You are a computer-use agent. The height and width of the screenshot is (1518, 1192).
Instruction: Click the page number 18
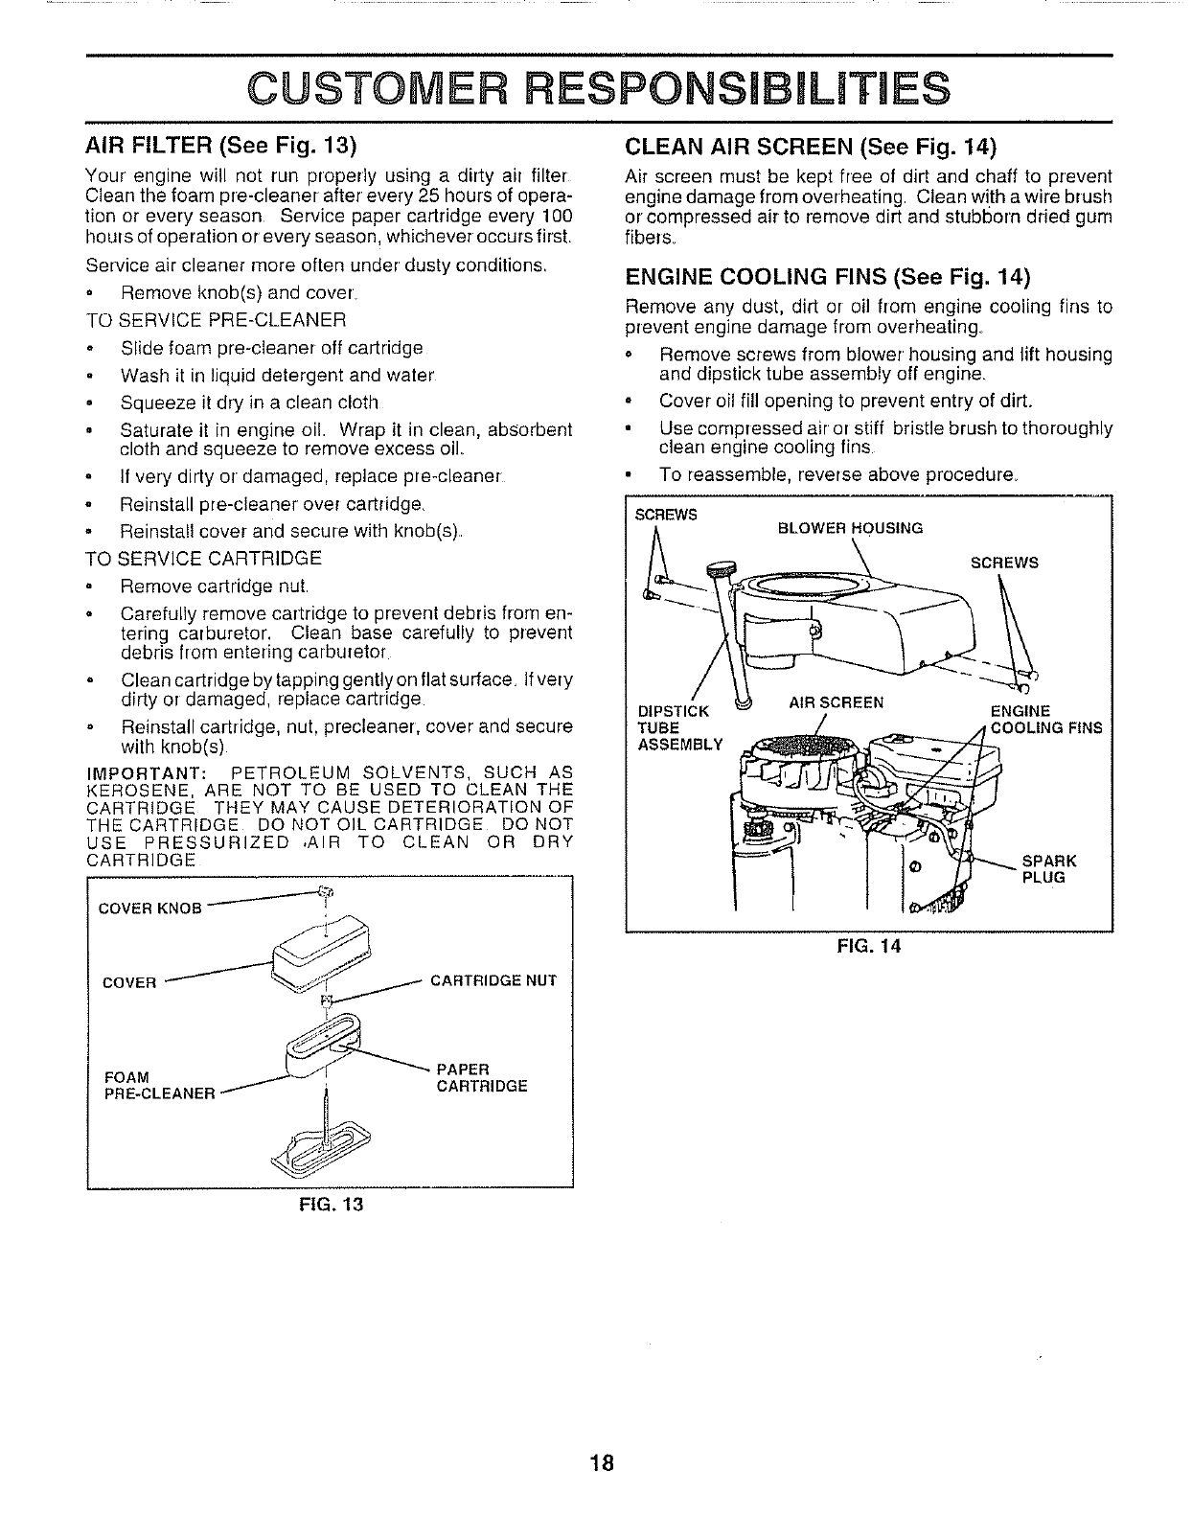click(601, 1463)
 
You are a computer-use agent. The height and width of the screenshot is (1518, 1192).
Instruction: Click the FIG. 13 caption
click(331, 1203)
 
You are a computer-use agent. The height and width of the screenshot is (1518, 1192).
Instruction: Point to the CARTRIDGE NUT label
click(493, 980)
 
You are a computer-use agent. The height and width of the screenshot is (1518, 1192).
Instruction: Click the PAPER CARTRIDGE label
click(481, 1077)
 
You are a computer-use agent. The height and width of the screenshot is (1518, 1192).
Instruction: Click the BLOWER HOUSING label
click(849, 528)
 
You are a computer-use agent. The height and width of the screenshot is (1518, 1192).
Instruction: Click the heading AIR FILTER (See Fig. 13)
click(220, 147)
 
